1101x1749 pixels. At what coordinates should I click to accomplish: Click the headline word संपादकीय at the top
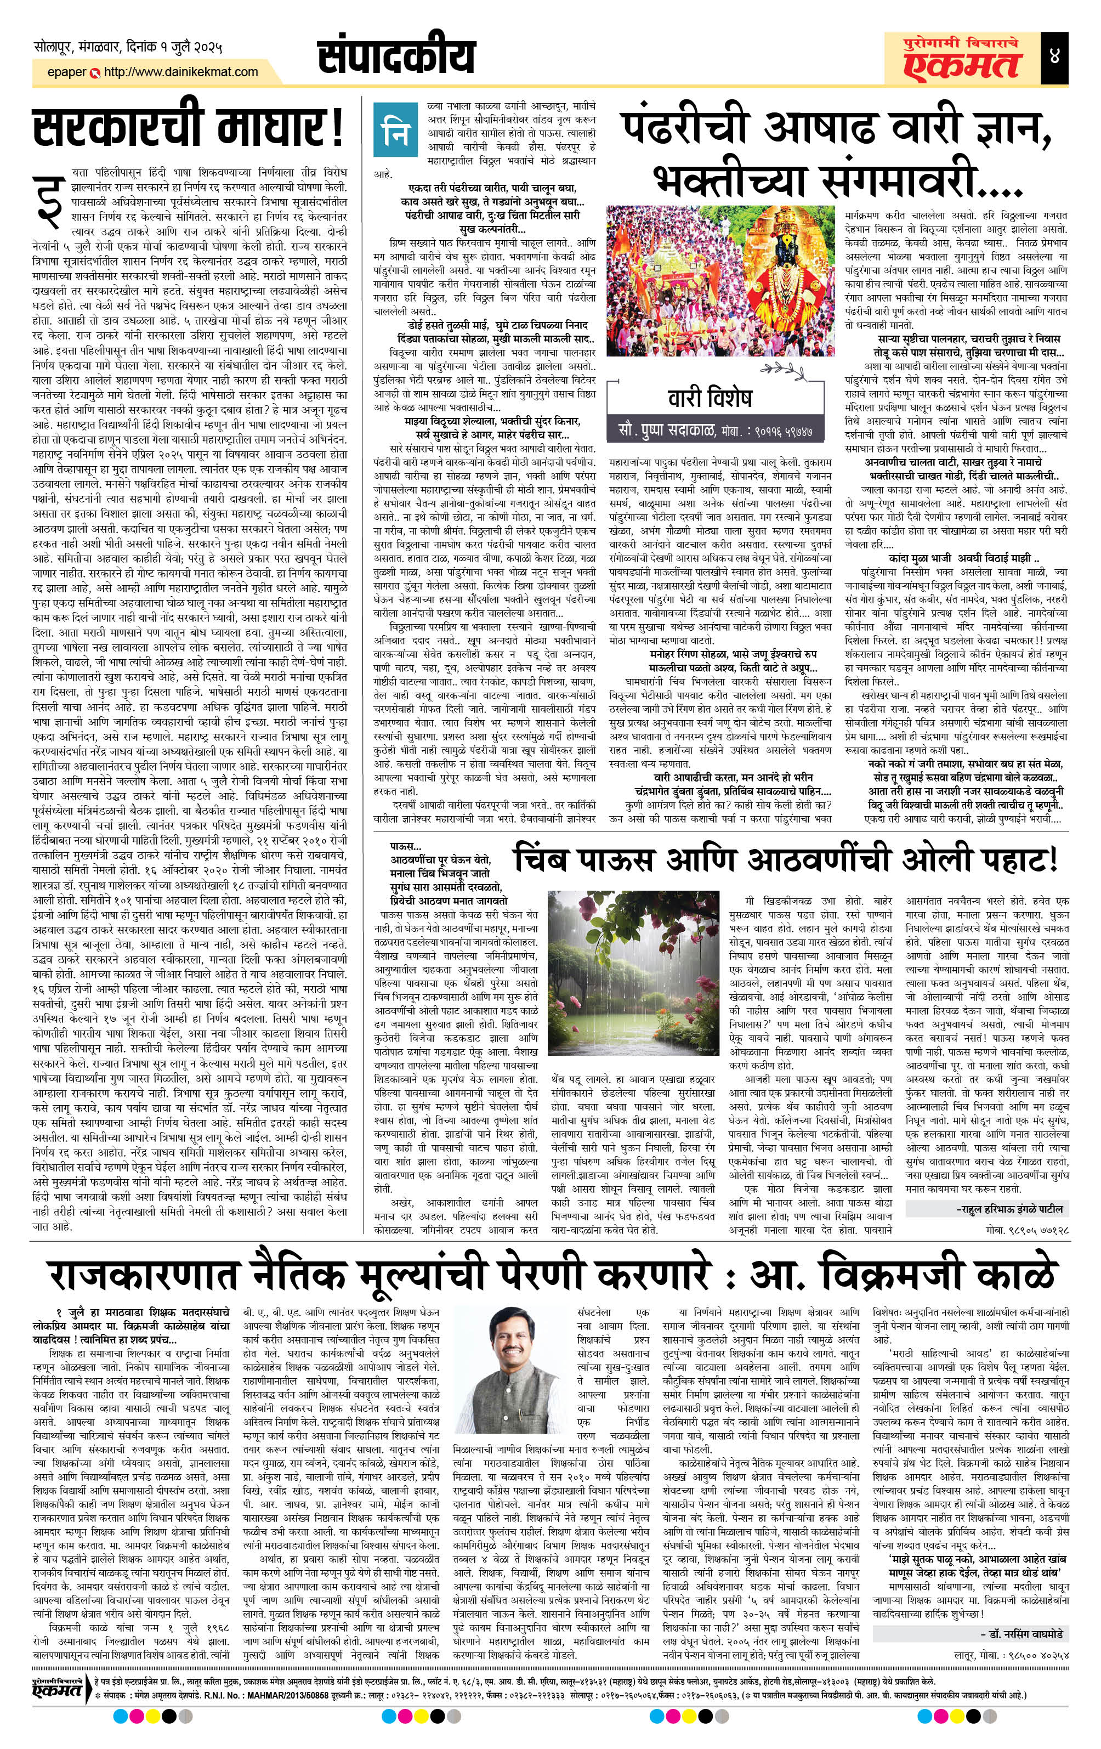(x=396, y=58)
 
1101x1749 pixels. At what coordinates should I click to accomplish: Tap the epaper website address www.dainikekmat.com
(x=181, y=72)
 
